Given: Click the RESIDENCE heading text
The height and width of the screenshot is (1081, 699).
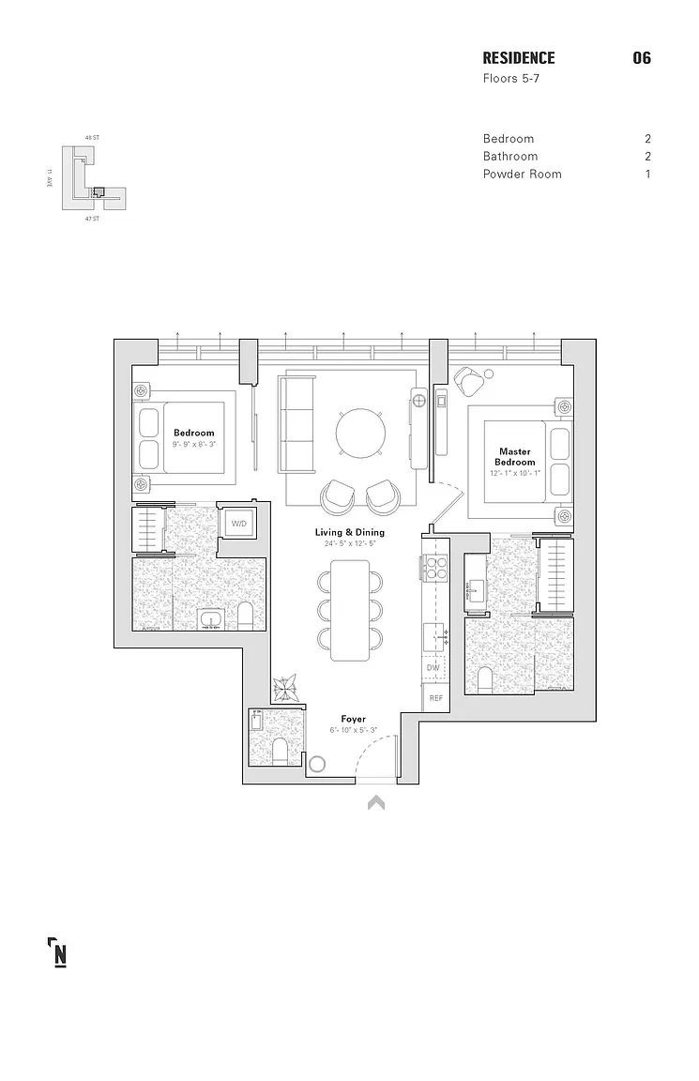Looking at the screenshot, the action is [x=518, y=58].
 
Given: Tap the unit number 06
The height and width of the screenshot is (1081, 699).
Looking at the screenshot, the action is [x=642, y=58].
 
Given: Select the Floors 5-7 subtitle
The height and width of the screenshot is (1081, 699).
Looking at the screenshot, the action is [x=510, y=79].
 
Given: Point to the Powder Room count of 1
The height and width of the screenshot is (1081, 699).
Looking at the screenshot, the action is [x=647, y=174].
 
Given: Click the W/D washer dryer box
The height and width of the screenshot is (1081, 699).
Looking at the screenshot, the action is [x=239, y=524].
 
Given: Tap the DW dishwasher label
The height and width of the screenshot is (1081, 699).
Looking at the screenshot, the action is [x=433, y=668].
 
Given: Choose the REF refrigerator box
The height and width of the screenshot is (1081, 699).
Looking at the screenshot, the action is [x=435, y=698].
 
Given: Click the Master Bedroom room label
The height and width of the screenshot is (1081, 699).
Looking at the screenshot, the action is [x=515, y=457].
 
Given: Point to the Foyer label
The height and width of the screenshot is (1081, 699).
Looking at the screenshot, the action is [x=354, y=719].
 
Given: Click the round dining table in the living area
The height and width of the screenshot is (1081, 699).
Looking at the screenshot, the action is [x=361, y=433].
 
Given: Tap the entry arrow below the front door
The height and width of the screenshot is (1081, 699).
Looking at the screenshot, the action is [x=376, y=802].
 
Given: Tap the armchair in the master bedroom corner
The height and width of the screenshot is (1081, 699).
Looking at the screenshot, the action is [x=468, y=382].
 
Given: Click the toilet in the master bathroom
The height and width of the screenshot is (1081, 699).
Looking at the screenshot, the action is [x=485, y=678].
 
